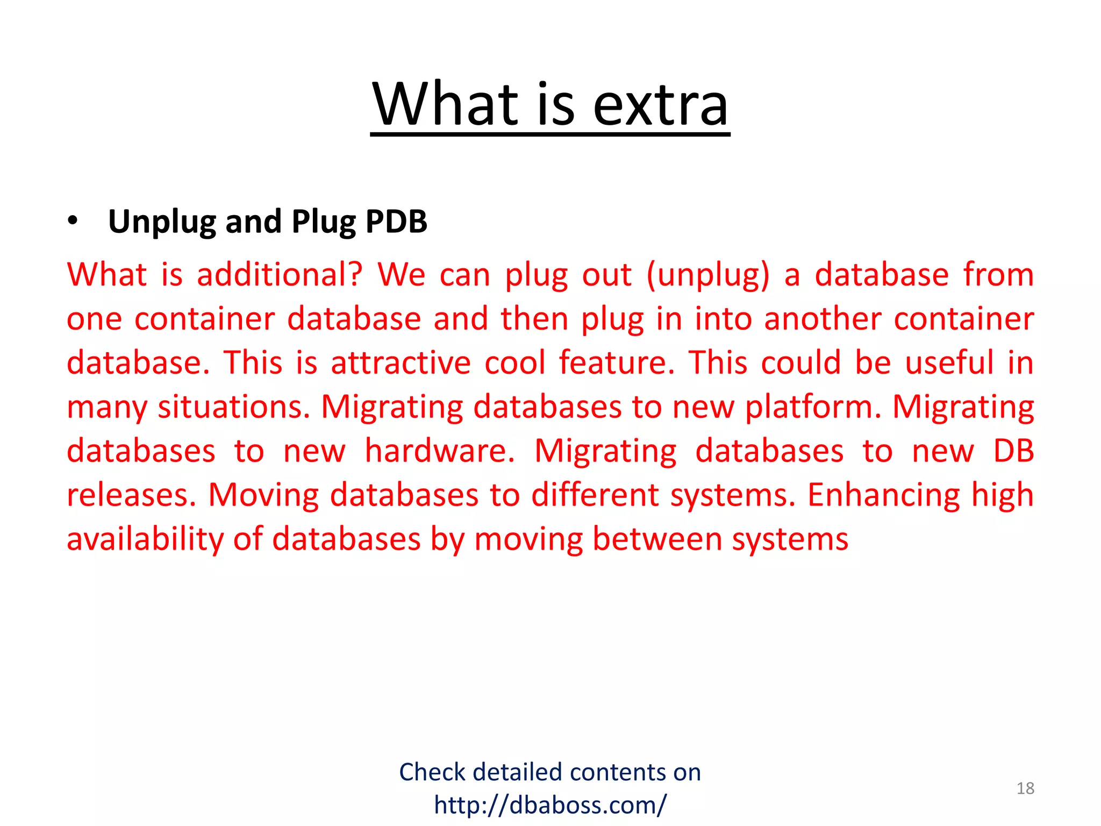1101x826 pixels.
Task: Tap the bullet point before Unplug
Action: pos(73,221)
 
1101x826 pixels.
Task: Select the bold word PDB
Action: pos(396,221)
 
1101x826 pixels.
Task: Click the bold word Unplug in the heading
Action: pos(162,222)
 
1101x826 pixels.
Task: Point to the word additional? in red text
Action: pos(280,275)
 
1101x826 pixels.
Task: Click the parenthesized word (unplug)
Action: pos(708,276)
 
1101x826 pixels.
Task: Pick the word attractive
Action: pos(401,363)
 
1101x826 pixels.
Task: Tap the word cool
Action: pos(515,363)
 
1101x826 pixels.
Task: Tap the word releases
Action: pos(131,495)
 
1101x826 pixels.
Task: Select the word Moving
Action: pos(263,495)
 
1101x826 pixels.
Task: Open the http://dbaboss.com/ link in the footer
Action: pos(550,805)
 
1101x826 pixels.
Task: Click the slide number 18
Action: pos(1025,788)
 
